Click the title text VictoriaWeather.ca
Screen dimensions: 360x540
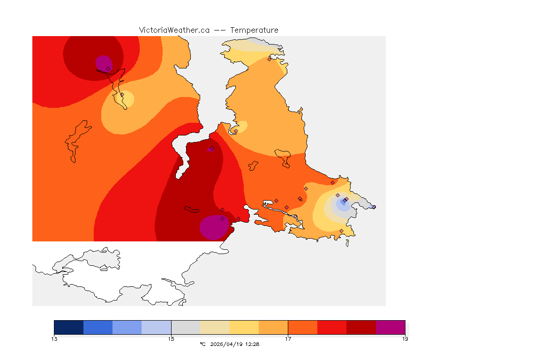(x=174, y=30)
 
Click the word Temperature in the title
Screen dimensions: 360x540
(x=254, y=30)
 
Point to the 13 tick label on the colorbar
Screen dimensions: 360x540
(x=54, y=339)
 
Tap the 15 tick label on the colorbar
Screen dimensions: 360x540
(x=171, y=339)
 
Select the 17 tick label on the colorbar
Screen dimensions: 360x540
(x=288, y=339)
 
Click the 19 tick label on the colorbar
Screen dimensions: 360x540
(x=405, y=339)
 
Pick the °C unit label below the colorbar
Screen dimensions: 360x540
(x=202, y=344)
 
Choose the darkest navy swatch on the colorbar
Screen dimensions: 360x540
(x=69, y=327)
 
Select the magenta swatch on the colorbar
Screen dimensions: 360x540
(x=390, y=327)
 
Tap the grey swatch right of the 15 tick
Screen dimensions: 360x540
(x=186, y=327)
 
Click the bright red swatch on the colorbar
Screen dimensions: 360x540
(x=332, y=327)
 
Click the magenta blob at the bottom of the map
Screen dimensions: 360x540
(x=214, y=228)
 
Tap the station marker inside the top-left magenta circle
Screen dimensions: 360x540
(x=108, y=68)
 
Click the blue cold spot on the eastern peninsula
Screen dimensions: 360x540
(x=343, y=203)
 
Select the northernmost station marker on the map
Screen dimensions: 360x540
(x=269, y=59)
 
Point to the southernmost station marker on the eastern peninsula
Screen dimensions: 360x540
(x=341, y=231)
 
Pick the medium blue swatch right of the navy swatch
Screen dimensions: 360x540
(x=98, y=327)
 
